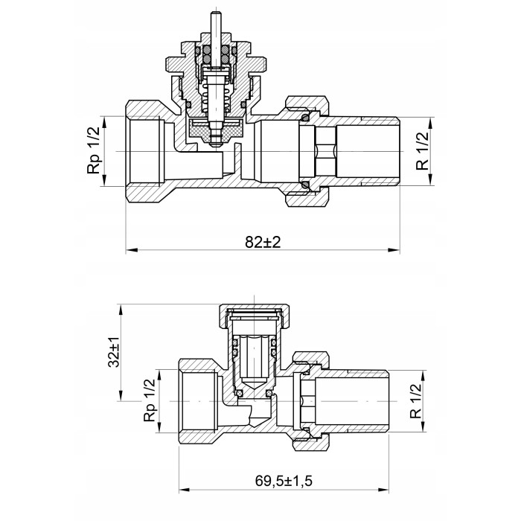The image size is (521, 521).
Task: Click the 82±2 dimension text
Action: coord(263,242)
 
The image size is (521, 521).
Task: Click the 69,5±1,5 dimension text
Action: coord(284,481)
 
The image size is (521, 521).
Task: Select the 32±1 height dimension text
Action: coord(114,352)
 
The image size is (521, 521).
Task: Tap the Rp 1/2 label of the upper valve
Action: coord(93,150)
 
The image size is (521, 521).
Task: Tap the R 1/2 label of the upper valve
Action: coord(422,151)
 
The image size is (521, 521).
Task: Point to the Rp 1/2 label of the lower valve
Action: coord(149,400)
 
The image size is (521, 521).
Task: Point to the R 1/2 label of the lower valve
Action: coord(415,400)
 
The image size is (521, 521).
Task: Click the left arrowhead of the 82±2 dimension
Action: coord(132,250)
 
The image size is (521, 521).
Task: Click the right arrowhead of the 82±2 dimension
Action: coord(394,250)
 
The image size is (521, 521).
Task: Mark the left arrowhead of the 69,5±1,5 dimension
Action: coord(185,490)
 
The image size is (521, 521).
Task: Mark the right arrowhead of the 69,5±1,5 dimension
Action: coord(383,490)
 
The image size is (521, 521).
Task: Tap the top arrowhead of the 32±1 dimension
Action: coord(121,310)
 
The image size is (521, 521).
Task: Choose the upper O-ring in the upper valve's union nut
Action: coord(305,118)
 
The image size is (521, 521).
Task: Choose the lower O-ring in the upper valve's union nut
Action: coord(305,185)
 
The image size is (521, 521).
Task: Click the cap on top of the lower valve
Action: coord(255,315)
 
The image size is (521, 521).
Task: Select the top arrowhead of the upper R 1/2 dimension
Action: coord(431,123)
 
